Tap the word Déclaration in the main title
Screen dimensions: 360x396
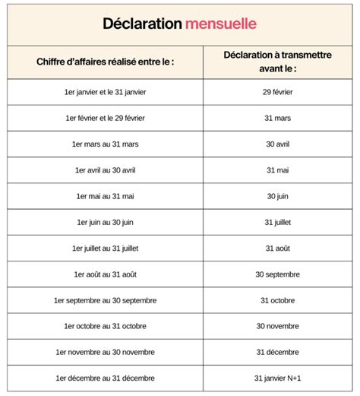[142, 24]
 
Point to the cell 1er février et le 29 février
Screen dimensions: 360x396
[106, 118]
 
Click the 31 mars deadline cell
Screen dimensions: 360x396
[276, 118]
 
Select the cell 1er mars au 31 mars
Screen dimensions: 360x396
[106, 144]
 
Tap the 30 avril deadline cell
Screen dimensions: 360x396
[276, 144]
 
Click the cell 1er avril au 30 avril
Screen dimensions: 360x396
[106, 169]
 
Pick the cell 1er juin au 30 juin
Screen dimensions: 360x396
[106, 222]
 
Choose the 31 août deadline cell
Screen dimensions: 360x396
[276, 248]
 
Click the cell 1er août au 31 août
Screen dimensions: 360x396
[106, 274]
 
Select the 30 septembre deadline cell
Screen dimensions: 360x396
[276, 274]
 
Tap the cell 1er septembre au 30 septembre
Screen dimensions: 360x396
[106, 300]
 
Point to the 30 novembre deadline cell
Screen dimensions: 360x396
[276, 326]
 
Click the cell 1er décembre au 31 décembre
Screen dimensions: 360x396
[106, 378]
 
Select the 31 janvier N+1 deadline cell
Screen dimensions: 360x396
[276, 378]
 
